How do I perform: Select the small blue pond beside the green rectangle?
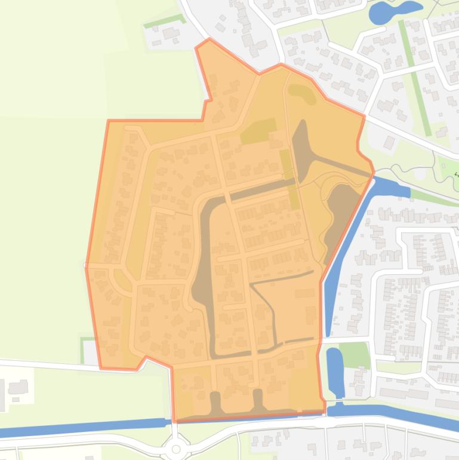[x=335, y=370]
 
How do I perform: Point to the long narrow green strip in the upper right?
[x=415, y=78]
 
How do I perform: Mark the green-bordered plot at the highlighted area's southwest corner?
[x=88, y=351]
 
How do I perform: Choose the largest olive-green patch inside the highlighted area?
[x=258, y=131]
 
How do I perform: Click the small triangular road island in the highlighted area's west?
[x=122, y=278]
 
